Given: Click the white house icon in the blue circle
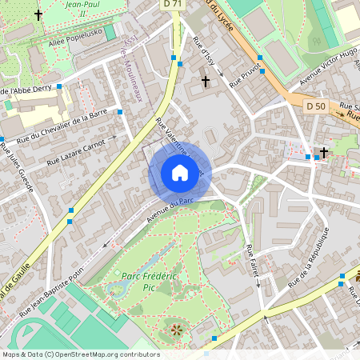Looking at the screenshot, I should [x=180, y=173].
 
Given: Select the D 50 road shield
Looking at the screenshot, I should [x=315, y=106].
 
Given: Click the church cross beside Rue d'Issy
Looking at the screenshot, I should [x=206, y=82].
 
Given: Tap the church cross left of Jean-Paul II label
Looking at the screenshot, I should [x=38, y=14].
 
